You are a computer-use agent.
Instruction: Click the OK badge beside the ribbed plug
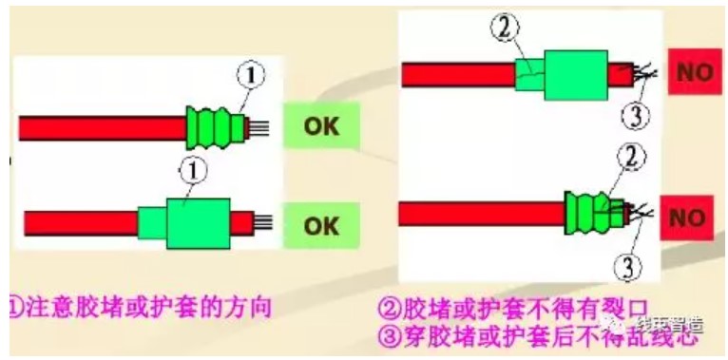pyautogui.click(x=321, y=126)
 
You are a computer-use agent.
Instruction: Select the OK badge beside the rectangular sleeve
pyautogui.click(x=321, y=225)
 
